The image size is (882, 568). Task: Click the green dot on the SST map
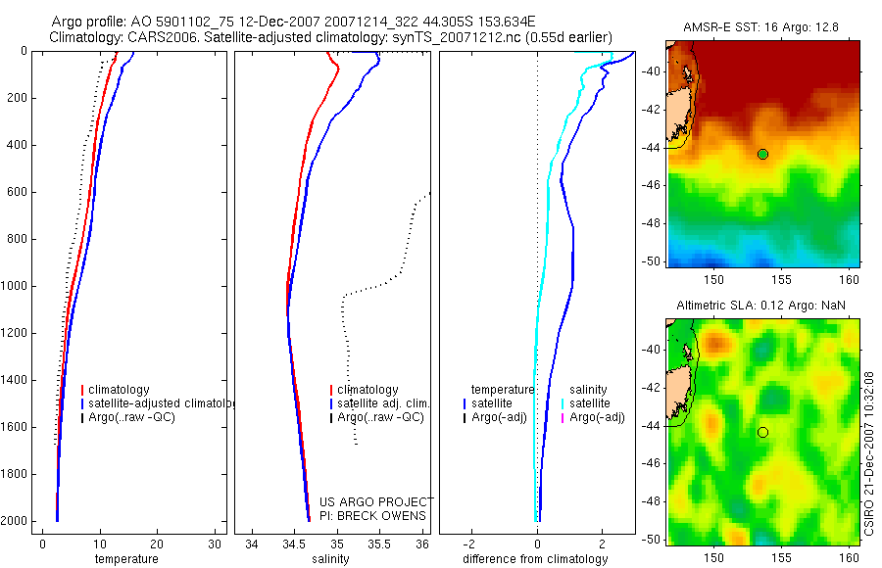tap(762, 154)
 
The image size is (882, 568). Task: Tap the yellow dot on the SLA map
tap(762, 432)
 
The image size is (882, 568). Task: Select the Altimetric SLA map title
tap(760, 306)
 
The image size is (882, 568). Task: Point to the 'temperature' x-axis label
tap(125, 559)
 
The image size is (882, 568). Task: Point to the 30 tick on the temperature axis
tap(215, 544)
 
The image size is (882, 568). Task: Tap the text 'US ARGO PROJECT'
tap(375, 502)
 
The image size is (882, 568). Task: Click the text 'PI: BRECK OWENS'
tap(373, 516)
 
